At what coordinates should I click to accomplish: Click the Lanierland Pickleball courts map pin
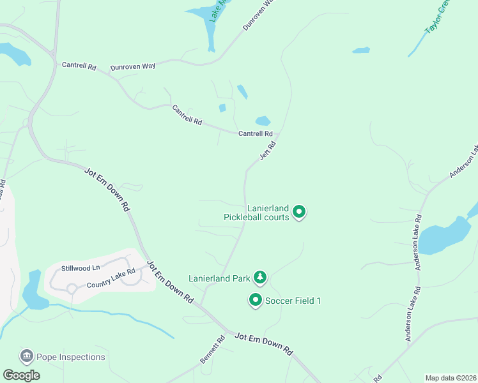[298, 212]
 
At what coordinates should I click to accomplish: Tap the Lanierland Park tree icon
[259, 278]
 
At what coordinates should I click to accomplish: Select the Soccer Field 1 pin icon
[256, 299]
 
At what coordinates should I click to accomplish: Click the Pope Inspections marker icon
[27, 356]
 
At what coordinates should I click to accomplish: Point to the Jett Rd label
[267, 151]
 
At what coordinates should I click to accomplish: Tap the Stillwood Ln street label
[81, 268]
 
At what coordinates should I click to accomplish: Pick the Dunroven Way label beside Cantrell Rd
[133, 66]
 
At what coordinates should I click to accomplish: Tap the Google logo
[21, 375]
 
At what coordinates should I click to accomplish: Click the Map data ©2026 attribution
[451, 378]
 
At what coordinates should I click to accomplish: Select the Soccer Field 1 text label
[293, 300]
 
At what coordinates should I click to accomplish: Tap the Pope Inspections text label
[70, 357]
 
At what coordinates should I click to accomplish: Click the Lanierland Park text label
[219, 278]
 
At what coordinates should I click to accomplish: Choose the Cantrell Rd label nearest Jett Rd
[256, 133]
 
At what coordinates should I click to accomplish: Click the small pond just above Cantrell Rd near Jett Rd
[263, 121]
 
